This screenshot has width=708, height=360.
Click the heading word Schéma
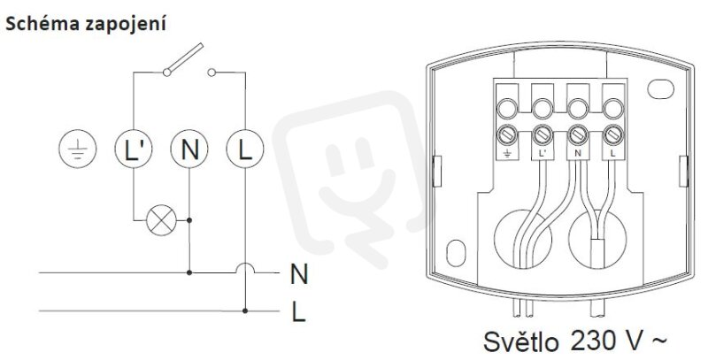tap(42, 23)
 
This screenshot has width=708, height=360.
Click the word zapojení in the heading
tap(125, 25)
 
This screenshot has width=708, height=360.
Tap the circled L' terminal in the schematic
tap(134, 149)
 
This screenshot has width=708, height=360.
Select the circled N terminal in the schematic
tap(189, 149)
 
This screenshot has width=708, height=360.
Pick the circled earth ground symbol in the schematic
tap(78, 149)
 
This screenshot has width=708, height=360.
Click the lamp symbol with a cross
tap(161, 220)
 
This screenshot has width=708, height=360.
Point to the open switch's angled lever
tap(184, 58)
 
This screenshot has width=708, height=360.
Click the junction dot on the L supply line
tap(245, 310)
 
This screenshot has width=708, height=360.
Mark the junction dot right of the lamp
tap(189, 220)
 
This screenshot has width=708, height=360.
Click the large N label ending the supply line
tap(299, 274)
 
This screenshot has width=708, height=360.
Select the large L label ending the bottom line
tap(298, 311)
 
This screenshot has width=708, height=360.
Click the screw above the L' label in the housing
tap(542, 134)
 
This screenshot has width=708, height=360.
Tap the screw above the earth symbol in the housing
tap(506, 134)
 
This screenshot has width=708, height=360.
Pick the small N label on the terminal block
tap(578, 153)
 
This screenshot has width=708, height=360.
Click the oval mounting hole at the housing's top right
tap(660, 88)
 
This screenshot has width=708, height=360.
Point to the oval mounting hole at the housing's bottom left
tap(456, 253)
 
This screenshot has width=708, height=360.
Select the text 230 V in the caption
tap(605, 341)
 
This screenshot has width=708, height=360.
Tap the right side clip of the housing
tap(683, 171)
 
